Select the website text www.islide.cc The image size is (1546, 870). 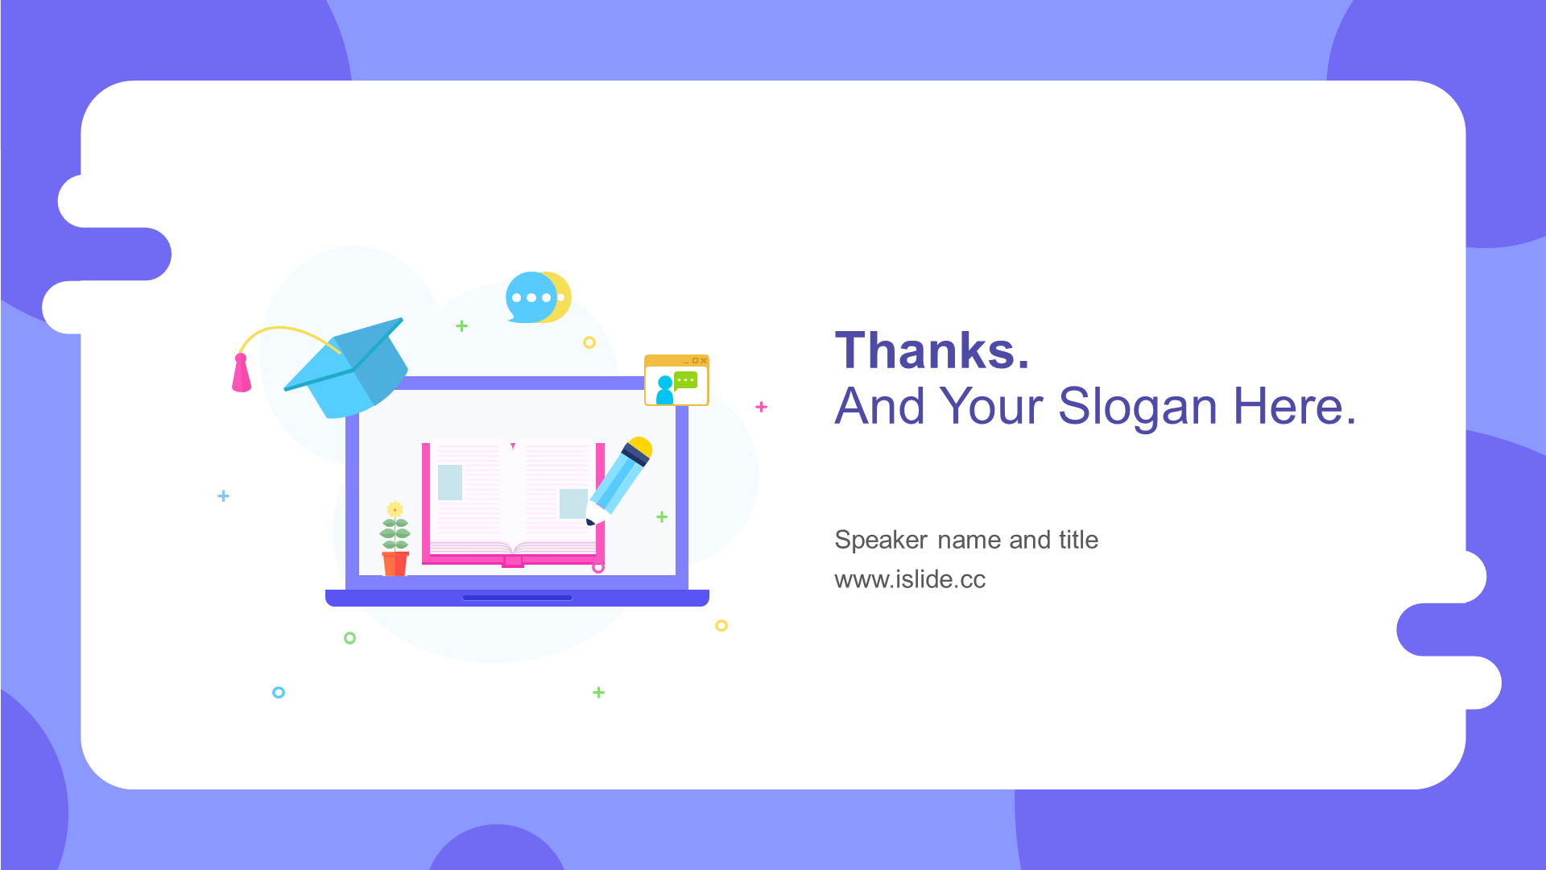click(910, 579)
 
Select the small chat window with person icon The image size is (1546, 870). click(676, 380)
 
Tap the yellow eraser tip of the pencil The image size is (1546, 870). click(641, 445)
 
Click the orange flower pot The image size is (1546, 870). click(395, 563)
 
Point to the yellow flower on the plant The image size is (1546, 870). click(395, 509)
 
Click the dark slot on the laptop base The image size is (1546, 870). click(517, 598)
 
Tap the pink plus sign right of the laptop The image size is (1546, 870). click(762, 407)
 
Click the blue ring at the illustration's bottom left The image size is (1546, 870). click(279, 692)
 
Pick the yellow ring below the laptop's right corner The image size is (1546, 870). click(721, 626)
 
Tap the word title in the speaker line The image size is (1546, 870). click(1078, 540)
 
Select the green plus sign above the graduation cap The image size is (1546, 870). click(461, 326)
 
